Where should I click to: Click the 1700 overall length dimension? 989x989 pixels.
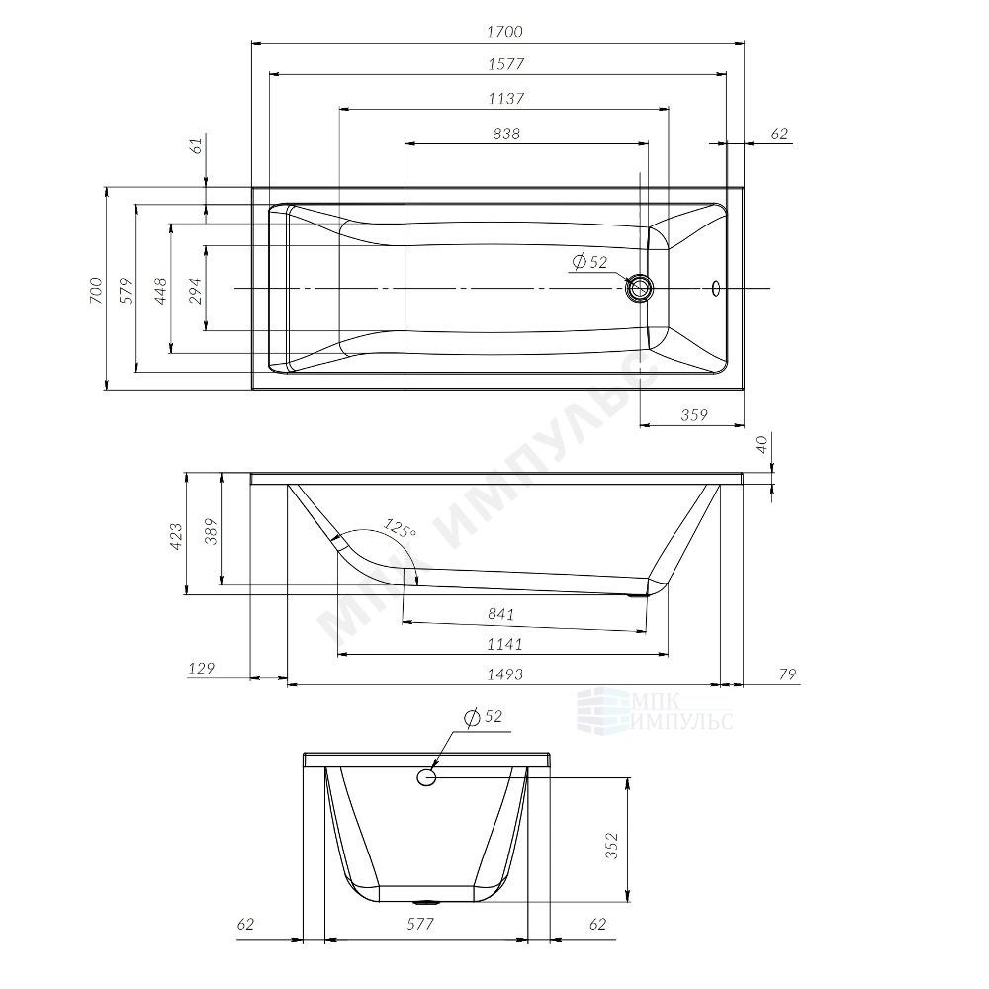(504, 32)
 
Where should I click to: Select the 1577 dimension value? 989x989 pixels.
(505, 64)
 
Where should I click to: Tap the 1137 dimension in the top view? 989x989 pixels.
(505, 99)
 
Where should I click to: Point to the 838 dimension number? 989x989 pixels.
(506, 134)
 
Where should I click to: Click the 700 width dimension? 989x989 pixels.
(95, 290)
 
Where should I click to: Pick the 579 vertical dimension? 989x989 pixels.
(127, 290)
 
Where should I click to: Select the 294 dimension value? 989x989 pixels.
(196, 290)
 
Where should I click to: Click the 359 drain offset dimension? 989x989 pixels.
(694, 415)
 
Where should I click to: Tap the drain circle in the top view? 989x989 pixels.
(640, 288)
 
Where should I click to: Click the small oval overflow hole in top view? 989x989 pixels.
(716, 288)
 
